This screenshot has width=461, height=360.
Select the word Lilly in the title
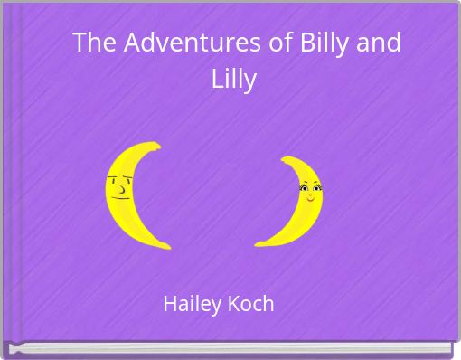(234, 79)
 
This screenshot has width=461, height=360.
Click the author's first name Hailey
(190, 304)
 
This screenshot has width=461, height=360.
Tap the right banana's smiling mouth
(310, 196)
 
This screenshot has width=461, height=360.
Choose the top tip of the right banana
(284, 159)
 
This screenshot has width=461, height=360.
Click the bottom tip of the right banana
(259, 244)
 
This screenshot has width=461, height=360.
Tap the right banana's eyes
(309, 188)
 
